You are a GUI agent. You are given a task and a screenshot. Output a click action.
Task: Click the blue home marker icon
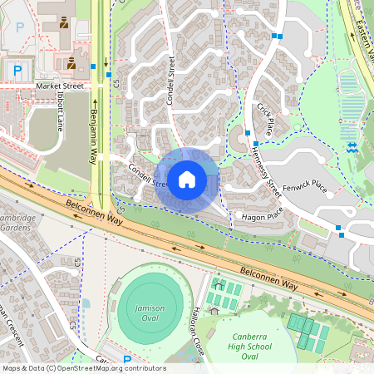(x=187, y=179)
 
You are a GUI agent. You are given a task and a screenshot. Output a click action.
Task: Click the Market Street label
(x=60, y=86)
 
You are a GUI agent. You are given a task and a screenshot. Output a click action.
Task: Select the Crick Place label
(x=265, y=117)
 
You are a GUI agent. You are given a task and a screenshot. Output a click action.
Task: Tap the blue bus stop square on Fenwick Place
(x=338, y=228)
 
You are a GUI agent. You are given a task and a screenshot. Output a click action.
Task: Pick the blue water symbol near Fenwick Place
(x=352, y=147)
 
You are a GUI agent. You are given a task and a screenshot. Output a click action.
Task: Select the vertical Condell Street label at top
(x=171, y=76)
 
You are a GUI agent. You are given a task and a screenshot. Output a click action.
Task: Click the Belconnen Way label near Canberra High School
(x=266, y=278)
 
